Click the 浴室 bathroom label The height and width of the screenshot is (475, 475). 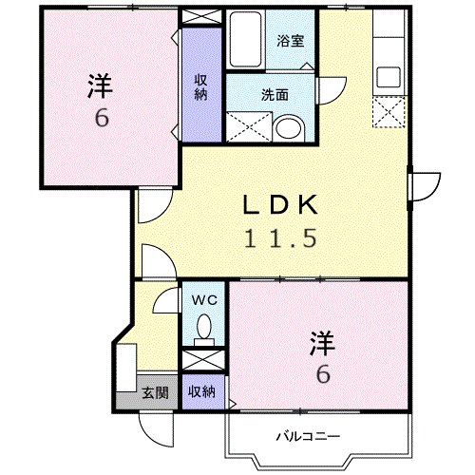point(291,41)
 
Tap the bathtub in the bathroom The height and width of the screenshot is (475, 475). point(245,39)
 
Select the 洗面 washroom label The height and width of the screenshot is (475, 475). point(275,95)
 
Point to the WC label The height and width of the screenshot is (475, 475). point(204,299)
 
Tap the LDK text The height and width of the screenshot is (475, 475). point(280,205)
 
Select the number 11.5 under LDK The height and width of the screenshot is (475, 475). point(280,238)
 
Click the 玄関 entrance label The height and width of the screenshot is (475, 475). point(155,392)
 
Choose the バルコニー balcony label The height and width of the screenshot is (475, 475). point(308,436)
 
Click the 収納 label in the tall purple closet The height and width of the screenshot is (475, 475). point(200,86)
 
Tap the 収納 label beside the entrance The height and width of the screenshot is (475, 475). point(201,392)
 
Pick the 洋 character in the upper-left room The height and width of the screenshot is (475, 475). point(100,86)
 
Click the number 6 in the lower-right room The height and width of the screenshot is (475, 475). point(323,374)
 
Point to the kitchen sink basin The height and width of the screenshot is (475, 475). point(389,77)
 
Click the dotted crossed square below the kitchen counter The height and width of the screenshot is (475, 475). point(389,112)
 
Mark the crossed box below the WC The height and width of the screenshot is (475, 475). point(203,360)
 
